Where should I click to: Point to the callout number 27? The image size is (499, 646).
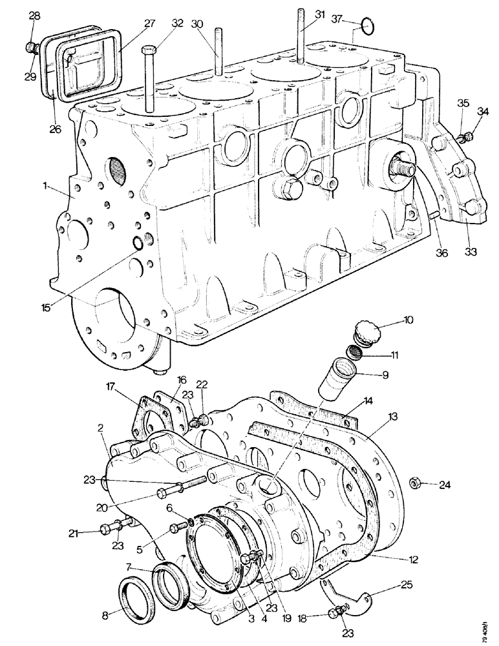(x=149, y=23)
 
